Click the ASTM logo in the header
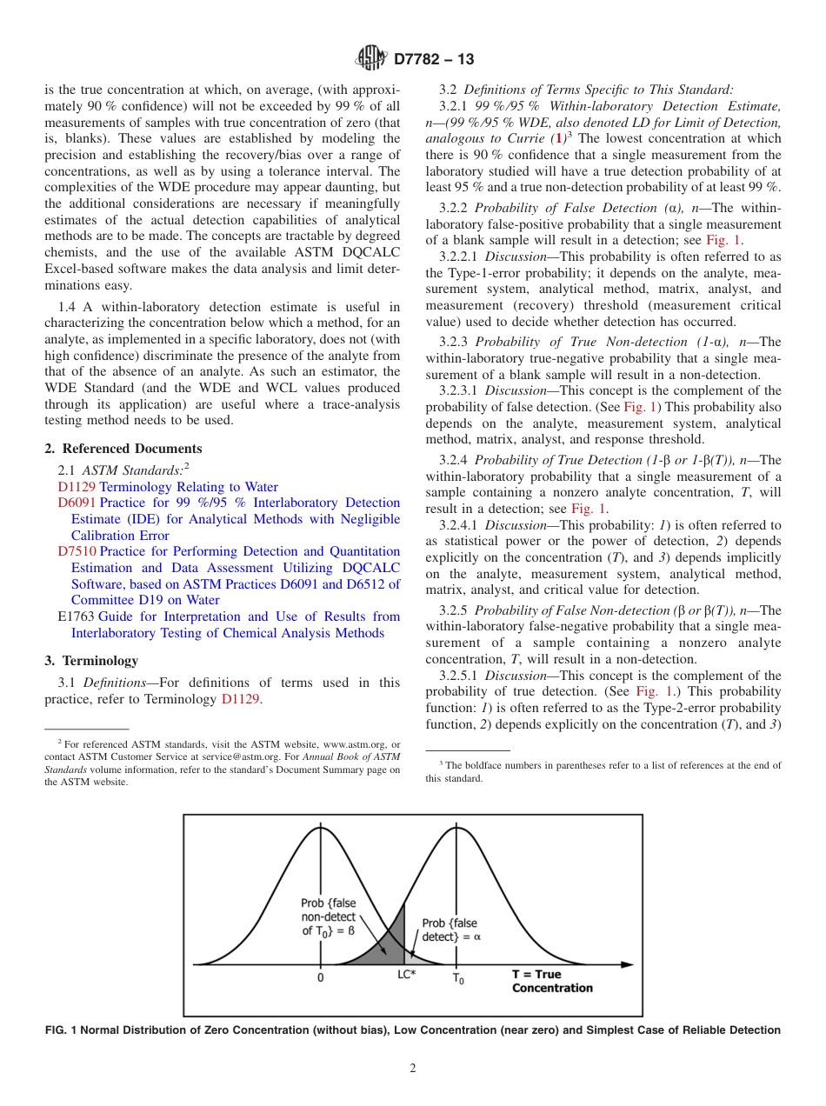[x=371, y=59]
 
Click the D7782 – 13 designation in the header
[x=434, y=60]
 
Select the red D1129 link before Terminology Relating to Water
[x=77, y=487]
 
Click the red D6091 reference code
[x=77, y=503]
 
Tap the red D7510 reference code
[x=77, y=551]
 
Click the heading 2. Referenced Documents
[x=123, y=449]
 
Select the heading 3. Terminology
[x=91, y=661]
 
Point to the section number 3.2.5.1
[x=460, y=676]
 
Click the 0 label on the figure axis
[x=320, y=977]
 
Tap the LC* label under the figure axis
[x=407, y=975]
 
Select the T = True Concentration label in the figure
[x=551, y=982]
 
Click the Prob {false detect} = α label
[x=450, y=929]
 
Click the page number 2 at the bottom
[x=413, y=1069]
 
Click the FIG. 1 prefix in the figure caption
[x=61, y=1030]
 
